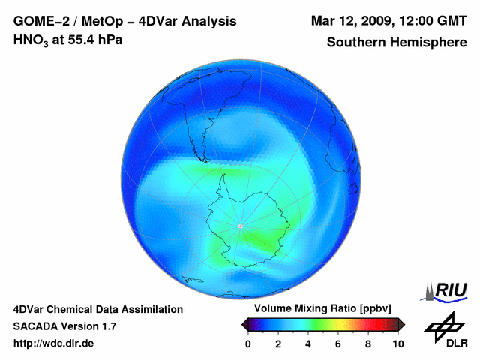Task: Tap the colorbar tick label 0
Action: coord(248,343)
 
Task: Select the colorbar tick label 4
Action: coord(308,343)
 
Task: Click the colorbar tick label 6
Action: coord(338,343)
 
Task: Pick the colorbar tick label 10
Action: coord(397,343)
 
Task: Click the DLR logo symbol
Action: coord(442,323)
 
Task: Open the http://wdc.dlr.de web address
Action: coord(54,343)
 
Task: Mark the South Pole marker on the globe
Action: coord(240,226)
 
